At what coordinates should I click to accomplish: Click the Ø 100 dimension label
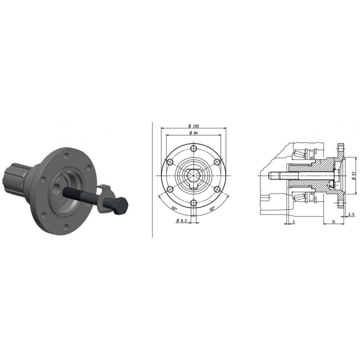pos(193,126)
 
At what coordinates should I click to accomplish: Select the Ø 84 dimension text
pos(193,133)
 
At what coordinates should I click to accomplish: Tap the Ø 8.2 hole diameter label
pos(182,220)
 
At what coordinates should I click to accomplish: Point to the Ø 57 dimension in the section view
pos(354,175)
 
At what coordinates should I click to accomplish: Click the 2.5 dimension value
pos(351,214)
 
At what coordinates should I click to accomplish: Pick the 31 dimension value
pos(334,222)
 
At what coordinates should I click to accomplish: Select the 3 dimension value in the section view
pos(294,222)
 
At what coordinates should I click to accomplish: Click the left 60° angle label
pos(174,209)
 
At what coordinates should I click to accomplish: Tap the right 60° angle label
pos(213,209)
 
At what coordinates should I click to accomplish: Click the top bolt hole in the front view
pos(193,147)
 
